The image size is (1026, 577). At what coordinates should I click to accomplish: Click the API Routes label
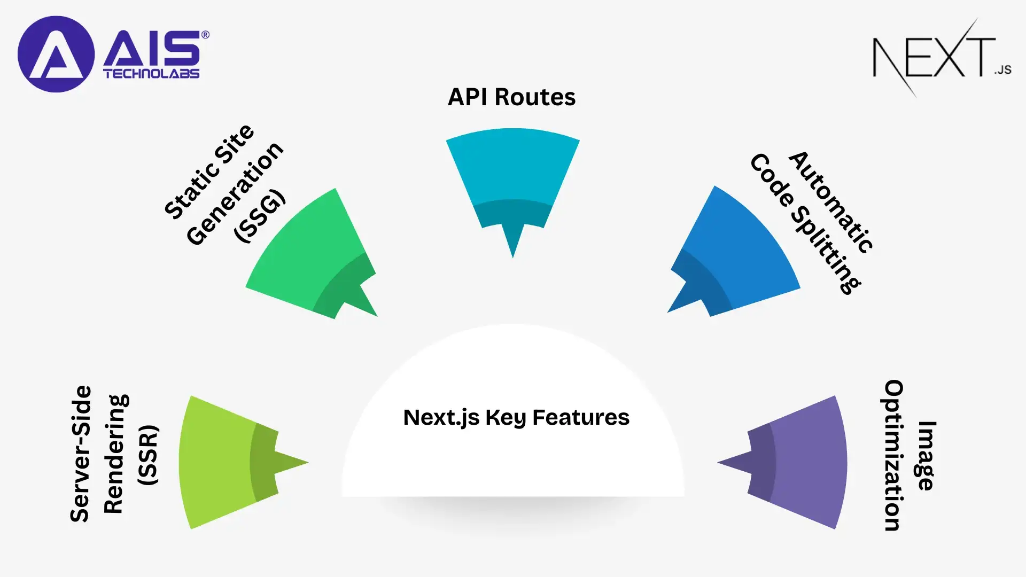[x=511, y=97]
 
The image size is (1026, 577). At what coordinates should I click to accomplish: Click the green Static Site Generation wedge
[x=310, y=251]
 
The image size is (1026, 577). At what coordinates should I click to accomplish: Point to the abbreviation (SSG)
[x=260, y=216]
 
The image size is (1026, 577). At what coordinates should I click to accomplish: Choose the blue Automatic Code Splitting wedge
[x=737, y=251]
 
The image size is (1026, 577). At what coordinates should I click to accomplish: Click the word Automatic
[x=831, y=202]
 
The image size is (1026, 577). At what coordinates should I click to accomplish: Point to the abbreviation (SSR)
[x=148, y=455]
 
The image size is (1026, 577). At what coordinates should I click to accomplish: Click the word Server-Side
[x=81, y=453]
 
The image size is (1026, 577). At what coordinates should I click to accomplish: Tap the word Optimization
[x=893, y=455]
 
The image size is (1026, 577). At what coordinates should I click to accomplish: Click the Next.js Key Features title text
[x=516, y=417]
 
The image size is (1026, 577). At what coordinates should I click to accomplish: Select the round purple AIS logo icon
[x=56, y=54]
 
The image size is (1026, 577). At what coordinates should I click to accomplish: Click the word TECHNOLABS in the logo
[x=151, y=74]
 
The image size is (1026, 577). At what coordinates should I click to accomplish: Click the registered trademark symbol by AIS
[x=205, y=35]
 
